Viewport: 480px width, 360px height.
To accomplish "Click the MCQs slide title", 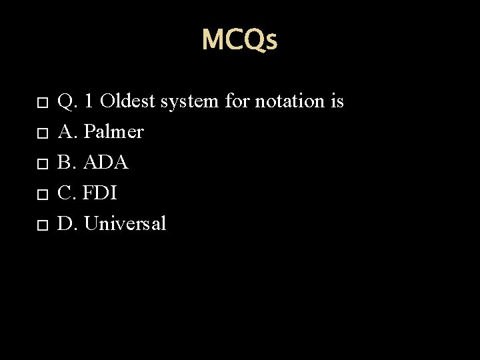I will pos(239,40).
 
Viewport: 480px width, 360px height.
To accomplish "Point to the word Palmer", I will pos(114,132).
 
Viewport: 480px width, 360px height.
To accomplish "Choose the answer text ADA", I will pos(106,163).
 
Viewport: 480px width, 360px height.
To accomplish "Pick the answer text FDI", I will pos(101,193).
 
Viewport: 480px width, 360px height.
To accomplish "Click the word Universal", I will pos(125,224).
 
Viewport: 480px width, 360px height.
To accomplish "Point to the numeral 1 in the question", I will pos(89,101).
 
